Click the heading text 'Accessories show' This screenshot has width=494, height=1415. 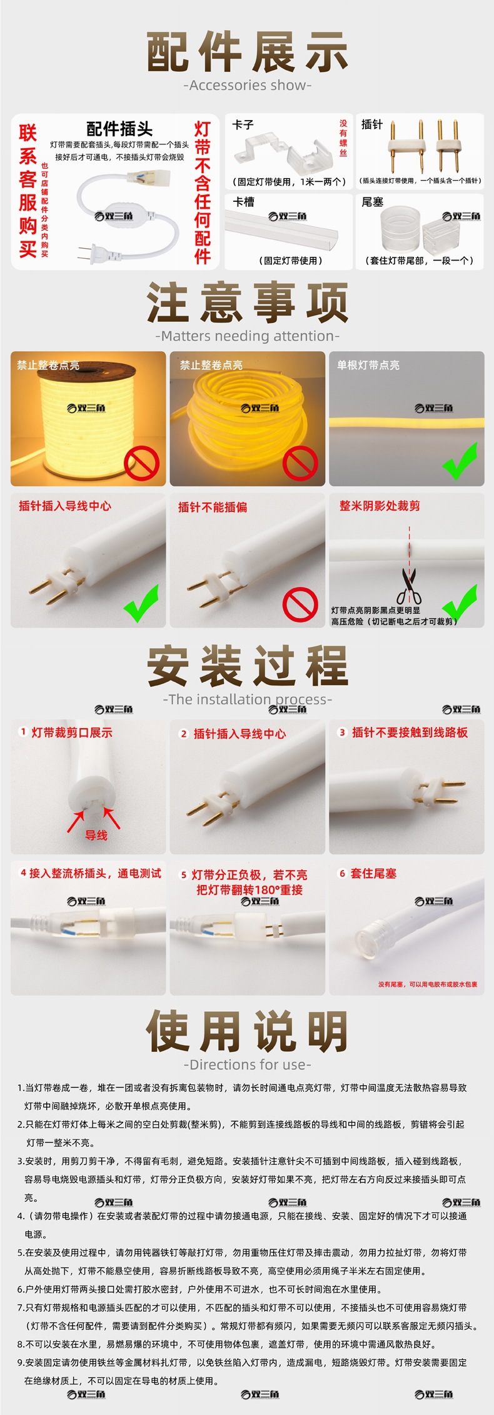[x=247, y=86]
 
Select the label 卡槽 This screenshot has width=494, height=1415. [x=243, y=202]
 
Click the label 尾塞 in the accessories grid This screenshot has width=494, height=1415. [x=372, y=202]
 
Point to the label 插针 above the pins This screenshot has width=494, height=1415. [x=372, y=124]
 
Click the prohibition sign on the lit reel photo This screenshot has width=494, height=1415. [x=141, y=463]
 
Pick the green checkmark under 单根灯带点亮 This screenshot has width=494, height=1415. [x=460, y=461]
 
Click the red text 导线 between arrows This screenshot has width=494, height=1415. [x=96, y=835]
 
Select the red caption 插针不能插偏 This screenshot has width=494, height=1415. [x=213, y=507]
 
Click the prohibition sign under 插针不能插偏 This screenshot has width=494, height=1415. [x=300, y=604]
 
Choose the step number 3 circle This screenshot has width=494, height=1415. [x=342, y=732]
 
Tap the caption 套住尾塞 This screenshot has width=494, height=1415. [x=373, y=873]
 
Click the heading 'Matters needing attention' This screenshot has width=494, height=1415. [x=247, y=336]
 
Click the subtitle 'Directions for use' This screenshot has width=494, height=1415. [x=247, y=1064]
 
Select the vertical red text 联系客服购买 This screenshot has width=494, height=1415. [x=28, y=191]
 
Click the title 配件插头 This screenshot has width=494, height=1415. [x=119, y=129]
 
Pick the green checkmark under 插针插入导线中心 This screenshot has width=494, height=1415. [x=141, y=603]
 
